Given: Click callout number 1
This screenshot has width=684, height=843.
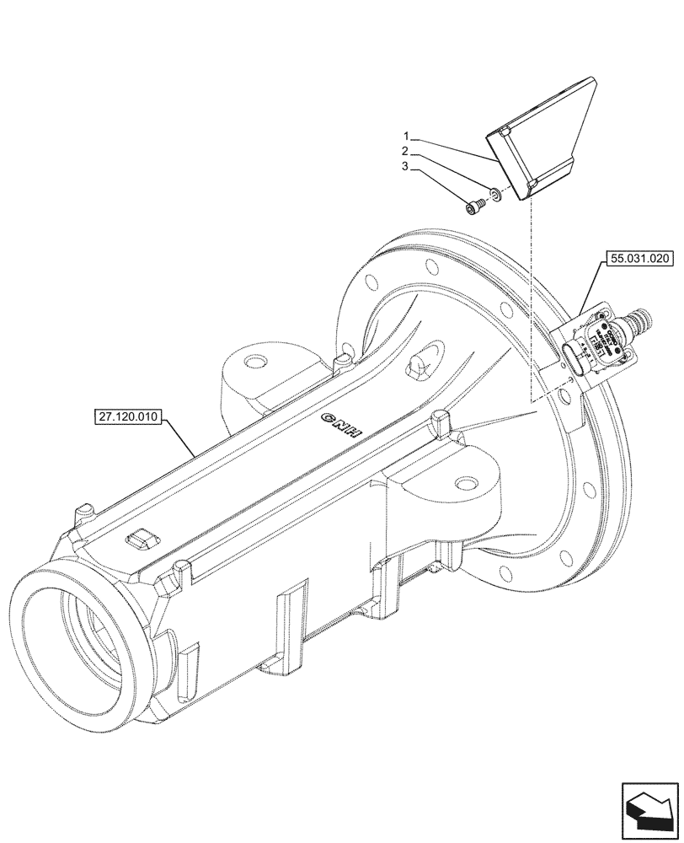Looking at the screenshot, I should (406, 136).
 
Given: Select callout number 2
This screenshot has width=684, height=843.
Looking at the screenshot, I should (406, 151).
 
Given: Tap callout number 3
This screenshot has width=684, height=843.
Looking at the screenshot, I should (406, 167).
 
